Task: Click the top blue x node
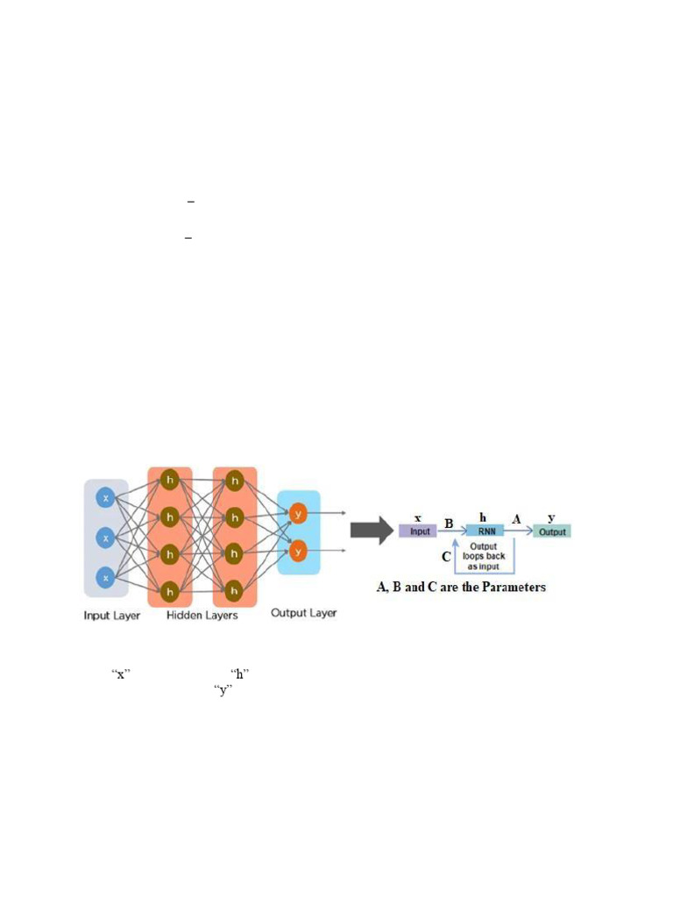pyautogui.click(x=106, y=498)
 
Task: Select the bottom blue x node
pyautogui.click(x=106, y=578)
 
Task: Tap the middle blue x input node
pyautogui.click(x=106, y=538)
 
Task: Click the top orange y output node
pyautogui.click(x=299, y=514)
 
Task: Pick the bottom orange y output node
pyautogui.click(x=299, y=552)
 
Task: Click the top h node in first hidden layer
pyautogui.click(x=169, y=481)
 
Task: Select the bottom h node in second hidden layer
pyautogui.click(x=234, y=589)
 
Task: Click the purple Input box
pyautogui.click(x=417, y=531)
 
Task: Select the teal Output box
pyautogui.click(x=552, y=531)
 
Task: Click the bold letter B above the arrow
pyautogui.click(x=449, y=524)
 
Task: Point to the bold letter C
pyautogui.click(x=446, y=556)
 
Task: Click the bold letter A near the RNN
pyautogui.click(x=516, y=519)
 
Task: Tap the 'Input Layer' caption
pyautogui.click(x=111, y=616)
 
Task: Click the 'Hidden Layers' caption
pyautogui.click(x=202, y=616)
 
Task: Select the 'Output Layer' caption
pyautogui.click(x=303, y=612)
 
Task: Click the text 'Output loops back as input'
pyautogui.click(x=484, y=556)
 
